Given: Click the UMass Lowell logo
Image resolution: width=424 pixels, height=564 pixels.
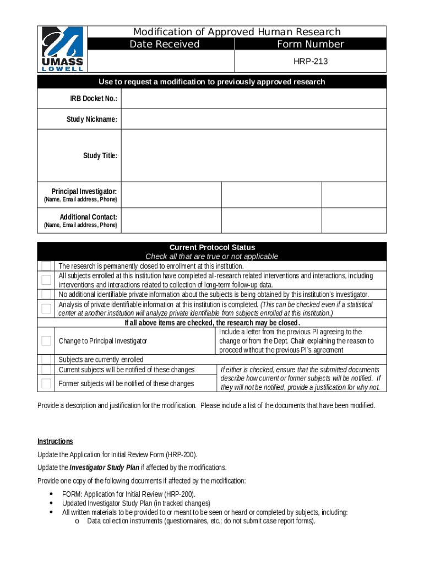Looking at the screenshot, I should pyautogui.click(x=63, y=49).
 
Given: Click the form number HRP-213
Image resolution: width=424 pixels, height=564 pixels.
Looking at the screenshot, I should pyautogui.click(x=311, y=61).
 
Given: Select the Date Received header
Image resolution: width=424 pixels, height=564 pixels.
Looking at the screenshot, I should pyautogui.click(x=164, y=45).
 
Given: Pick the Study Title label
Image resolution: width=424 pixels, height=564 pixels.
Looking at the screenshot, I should pyautogui.click(x=100, y=156).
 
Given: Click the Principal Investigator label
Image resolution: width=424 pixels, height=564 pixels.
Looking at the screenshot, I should pyautogui.click(x=84, y=192).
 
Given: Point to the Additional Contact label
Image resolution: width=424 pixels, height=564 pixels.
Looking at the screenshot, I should pyautogui.click(x=88, y=217).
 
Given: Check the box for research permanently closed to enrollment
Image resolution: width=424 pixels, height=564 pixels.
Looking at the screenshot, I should pyautogui.click(x=47, y=266).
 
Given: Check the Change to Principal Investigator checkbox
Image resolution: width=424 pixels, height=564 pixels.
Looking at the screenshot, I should pyautogui.click(x=47, y=341).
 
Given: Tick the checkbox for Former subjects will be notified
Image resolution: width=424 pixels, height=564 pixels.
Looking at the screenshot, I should pyautogui.click(x=47, y=383).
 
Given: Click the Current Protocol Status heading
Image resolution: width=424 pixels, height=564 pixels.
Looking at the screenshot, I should pyautogui.click(x=212, y=247).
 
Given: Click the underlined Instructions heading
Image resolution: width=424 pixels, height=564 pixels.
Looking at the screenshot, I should pyautogui.click(x=55, y=441).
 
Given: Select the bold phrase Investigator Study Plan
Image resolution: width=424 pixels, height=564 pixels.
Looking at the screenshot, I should pyautogui.click(x=104, y=468).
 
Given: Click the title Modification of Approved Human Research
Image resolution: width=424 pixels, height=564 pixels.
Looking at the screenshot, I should pyautogui.click(x=237, y=32).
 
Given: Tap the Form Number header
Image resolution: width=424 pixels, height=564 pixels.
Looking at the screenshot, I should pyautogui.click(x=311, y=45).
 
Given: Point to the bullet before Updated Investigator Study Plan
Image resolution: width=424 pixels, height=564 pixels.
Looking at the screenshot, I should pyautogui.click(x=51, y=503).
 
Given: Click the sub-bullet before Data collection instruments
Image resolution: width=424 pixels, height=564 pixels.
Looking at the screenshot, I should pyautogui.click(x=77, y=521).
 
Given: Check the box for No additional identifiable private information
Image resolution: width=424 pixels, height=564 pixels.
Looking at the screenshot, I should pyautogui.click(x=47, y=295).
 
